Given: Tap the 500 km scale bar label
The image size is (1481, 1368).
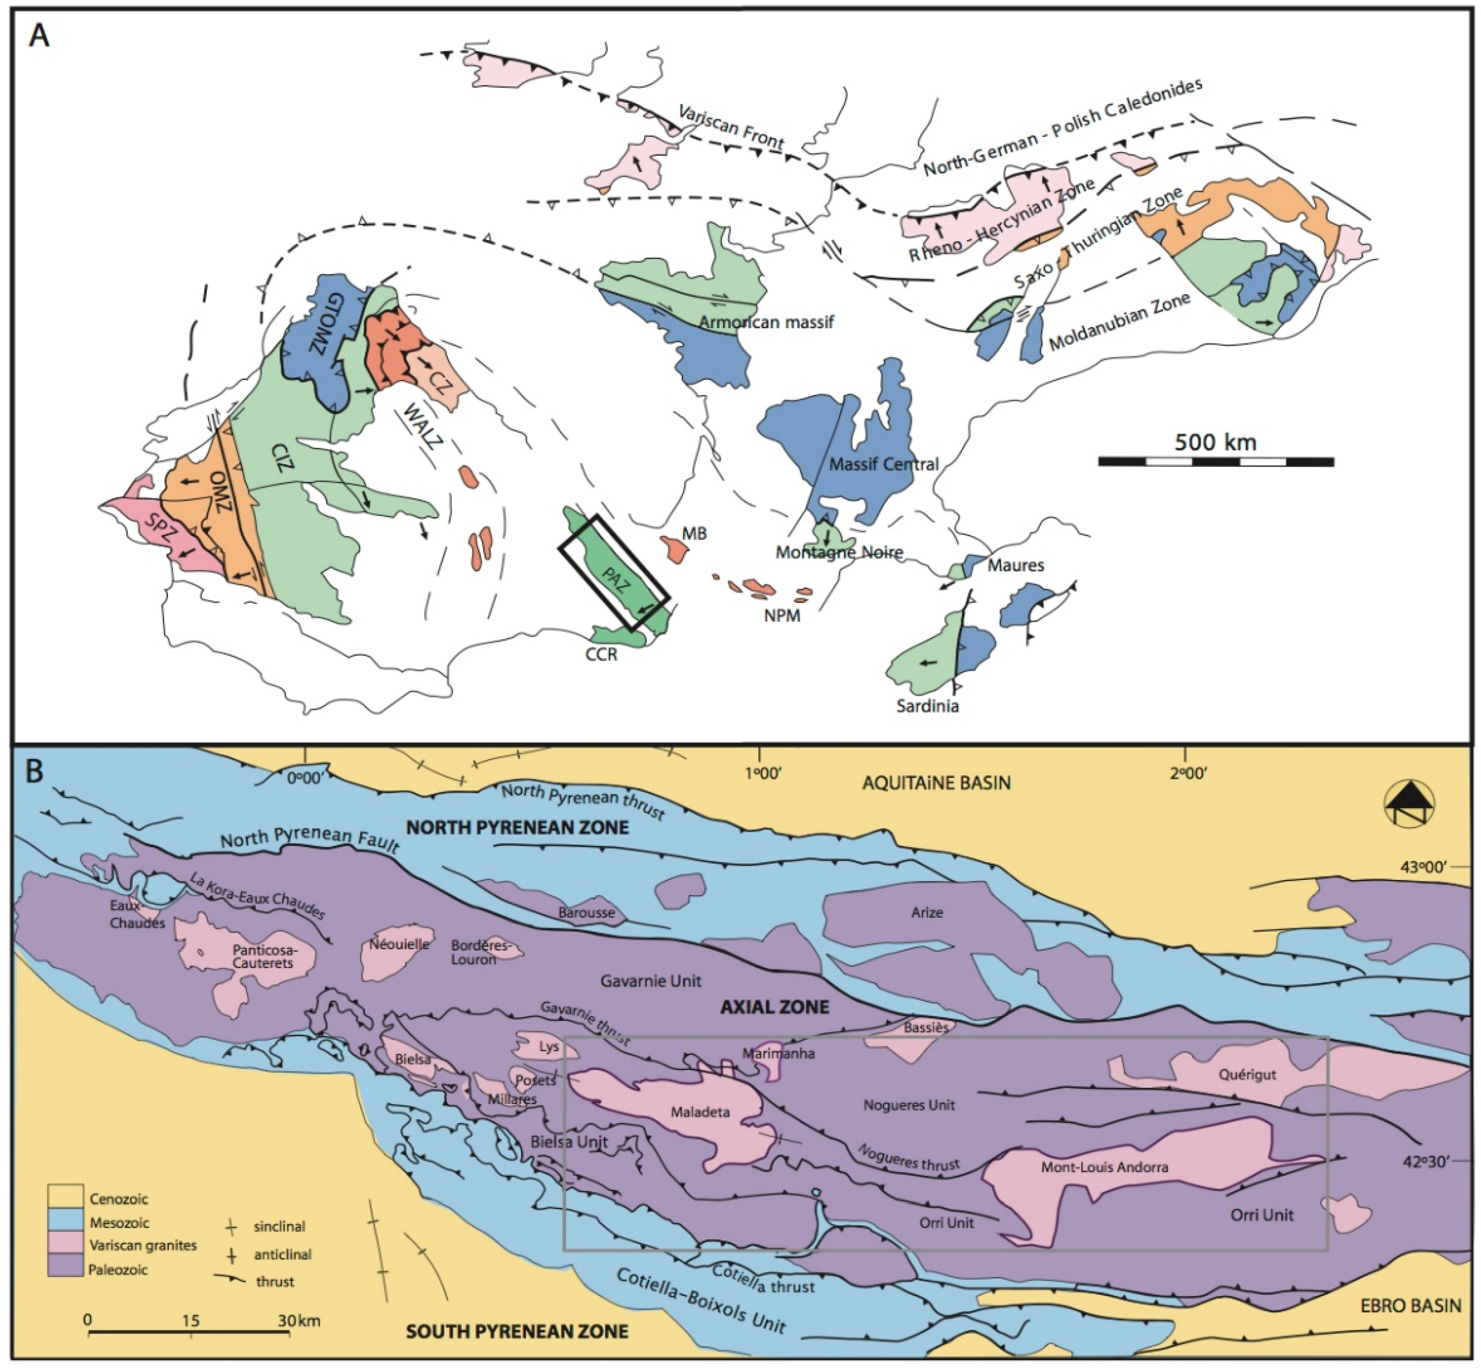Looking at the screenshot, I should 1215,442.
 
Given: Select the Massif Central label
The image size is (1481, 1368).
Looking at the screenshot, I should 883,464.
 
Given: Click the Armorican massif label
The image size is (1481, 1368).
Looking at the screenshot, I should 766,322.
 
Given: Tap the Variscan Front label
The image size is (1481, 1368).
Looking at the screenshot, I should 731,126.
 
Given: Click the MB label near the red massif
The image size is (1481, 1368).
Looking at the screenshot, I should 694,533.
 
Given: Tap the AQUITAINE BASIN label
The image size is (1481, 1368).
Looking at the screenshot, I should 936,783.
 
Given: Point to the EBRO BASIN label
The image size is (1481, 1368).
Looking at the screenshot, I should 1410,1305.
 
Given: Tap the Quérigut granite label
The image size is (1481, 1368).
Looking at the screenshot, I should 1247,1074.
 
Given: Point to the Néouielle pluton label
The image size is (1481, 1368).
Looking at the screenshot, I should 399,944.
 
